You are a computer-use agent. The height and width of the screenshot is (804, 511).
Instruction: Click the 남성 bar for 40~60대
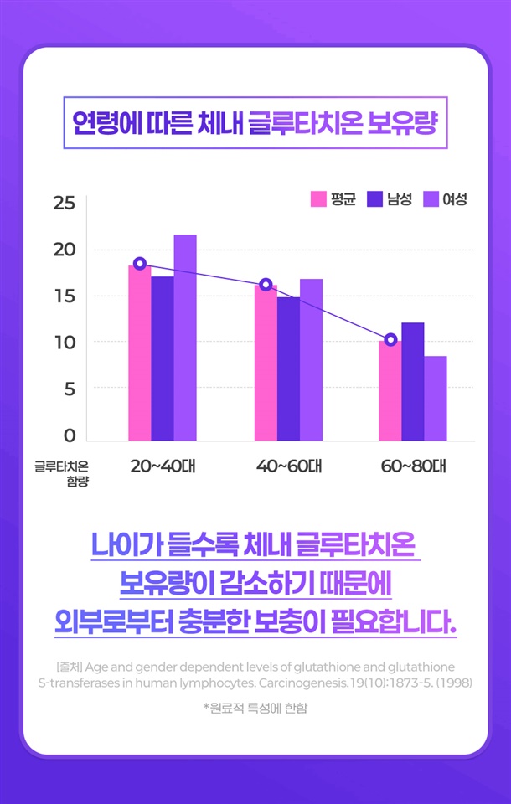click(288, 368)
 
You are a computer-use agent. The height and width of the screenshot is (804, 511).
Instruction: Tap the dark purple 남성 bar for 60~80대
click(412, 382)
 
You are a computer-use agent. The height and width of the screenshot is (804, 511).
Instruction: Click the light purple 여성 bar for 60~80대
click(435, 399)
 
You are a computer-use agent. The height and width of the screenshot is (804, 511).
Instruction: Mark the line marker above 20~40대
click(140, 264)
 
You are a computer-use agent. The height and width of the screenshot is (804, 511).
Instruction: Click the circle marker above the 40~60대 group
click(266, 285)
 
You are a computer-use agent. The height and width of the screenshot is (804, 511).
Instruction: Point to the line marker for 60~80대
click(390, 339)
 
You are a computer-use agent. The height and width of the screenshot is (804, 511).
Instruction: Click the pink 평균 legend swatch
click(318, 199)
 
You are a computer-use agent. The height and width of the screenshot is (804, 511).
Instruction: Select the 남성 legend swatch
click(375, 199)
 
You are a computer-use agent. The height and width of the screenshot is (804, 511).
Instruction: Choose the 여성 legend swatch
click(431, 199)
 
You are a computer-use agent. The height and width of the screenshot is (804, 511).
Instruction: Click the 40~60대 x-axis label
click(288, 466)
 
